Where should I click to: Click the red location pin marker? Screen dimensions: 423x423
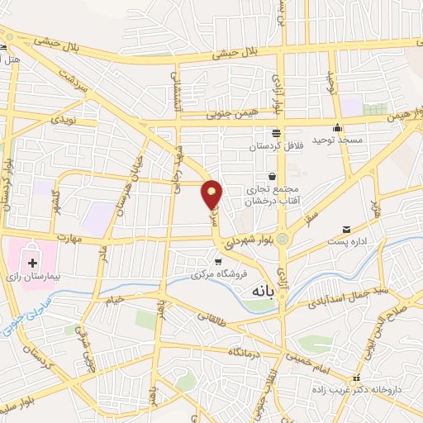(213, 193)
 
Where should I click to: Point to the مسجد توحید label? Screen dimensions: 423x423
(338, 141)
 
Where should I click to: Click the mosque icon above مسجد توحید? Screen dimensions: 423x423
(337, 128)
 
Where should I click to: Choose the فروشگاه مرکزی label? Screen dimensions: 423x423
(218, 274)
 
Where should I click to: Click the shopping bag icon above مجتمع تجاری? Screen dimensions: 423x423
(271, 176)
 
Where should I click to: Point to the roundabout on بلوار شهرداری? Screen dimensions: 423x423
(284, 240)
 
